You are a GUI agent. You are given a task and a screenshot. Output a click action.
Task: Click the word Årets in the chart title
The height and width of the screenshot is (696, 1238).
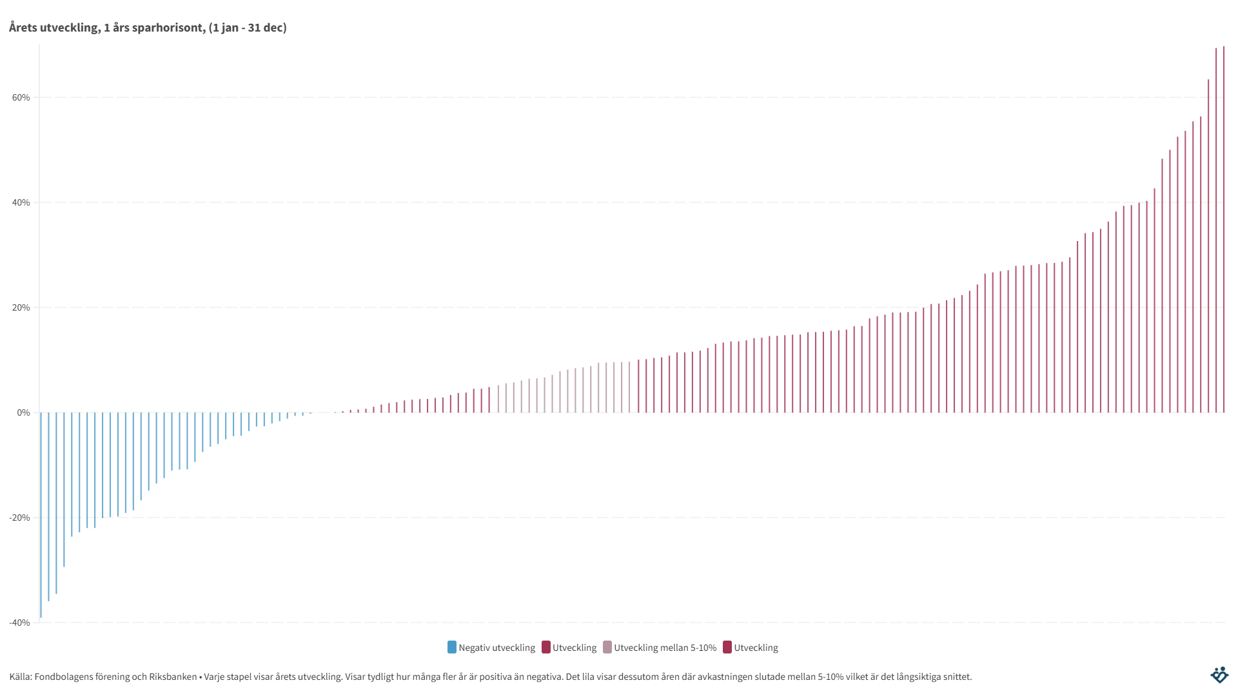click(x=23, y=28)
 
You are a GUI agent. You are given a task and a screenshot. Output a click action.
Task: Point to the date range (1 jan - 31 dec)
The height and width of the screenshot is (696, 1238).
click(x=248, y=28)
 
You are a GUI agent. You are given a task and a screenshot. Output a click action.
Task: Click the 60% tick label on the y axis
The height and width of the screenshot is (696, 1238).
click(x=20, y=98)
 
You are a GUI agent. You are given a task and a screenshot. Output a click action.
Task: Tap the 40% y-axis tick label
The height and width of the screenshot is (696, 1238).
click(x=20, y=203)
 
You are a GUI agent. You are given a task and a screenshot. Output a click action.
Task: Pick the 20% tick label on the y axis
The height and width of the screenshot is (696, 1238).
click(x=20, y=308)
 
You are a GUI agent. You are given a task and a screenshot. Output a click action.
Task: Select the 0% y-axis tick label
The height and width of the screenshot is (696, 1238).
click(x=23, y=413)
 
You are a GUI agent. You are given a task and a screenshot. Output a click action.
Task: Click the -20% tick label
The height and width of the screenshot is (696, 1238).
click(x=19, y=518)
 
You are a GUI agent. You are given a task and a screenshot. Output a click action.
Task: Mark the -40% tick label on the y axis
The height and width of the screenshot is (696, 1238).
click(x=19, y=623)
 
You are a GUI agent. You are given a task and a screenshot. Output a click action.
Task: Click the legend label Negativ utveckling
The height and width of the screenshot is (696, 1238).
click(x=496, y=648)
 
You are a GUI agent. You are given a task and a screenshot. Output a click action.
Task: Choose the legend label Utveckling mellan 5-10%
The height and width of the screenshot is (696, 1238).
click(x=665, y=648)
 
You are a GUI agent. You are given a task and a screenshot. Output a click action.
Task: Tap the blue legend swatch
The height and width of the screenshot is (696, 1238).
click(x=452, y=648)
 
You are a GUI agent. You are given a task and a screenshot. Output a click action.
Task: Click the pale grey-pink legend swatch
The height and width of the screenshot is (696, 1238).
click(x=607, y=648)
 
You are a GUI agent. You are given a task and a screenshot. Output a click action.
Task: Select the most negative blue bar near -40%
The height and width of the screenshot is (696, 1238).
click(x=41, y=516)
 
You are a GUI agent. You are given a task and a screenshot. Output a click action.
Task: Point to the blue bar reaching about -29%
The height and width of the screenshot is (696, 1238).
click(x=64, y=490)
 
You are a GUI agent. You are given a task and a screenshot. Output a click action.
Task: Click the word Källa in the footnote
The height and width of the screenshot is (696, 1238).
click(x=19, y=677)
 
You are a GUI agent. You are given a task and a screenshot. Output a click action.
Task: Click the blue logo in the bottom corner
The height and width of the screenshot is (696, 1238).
click(x=1219, y=675)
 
